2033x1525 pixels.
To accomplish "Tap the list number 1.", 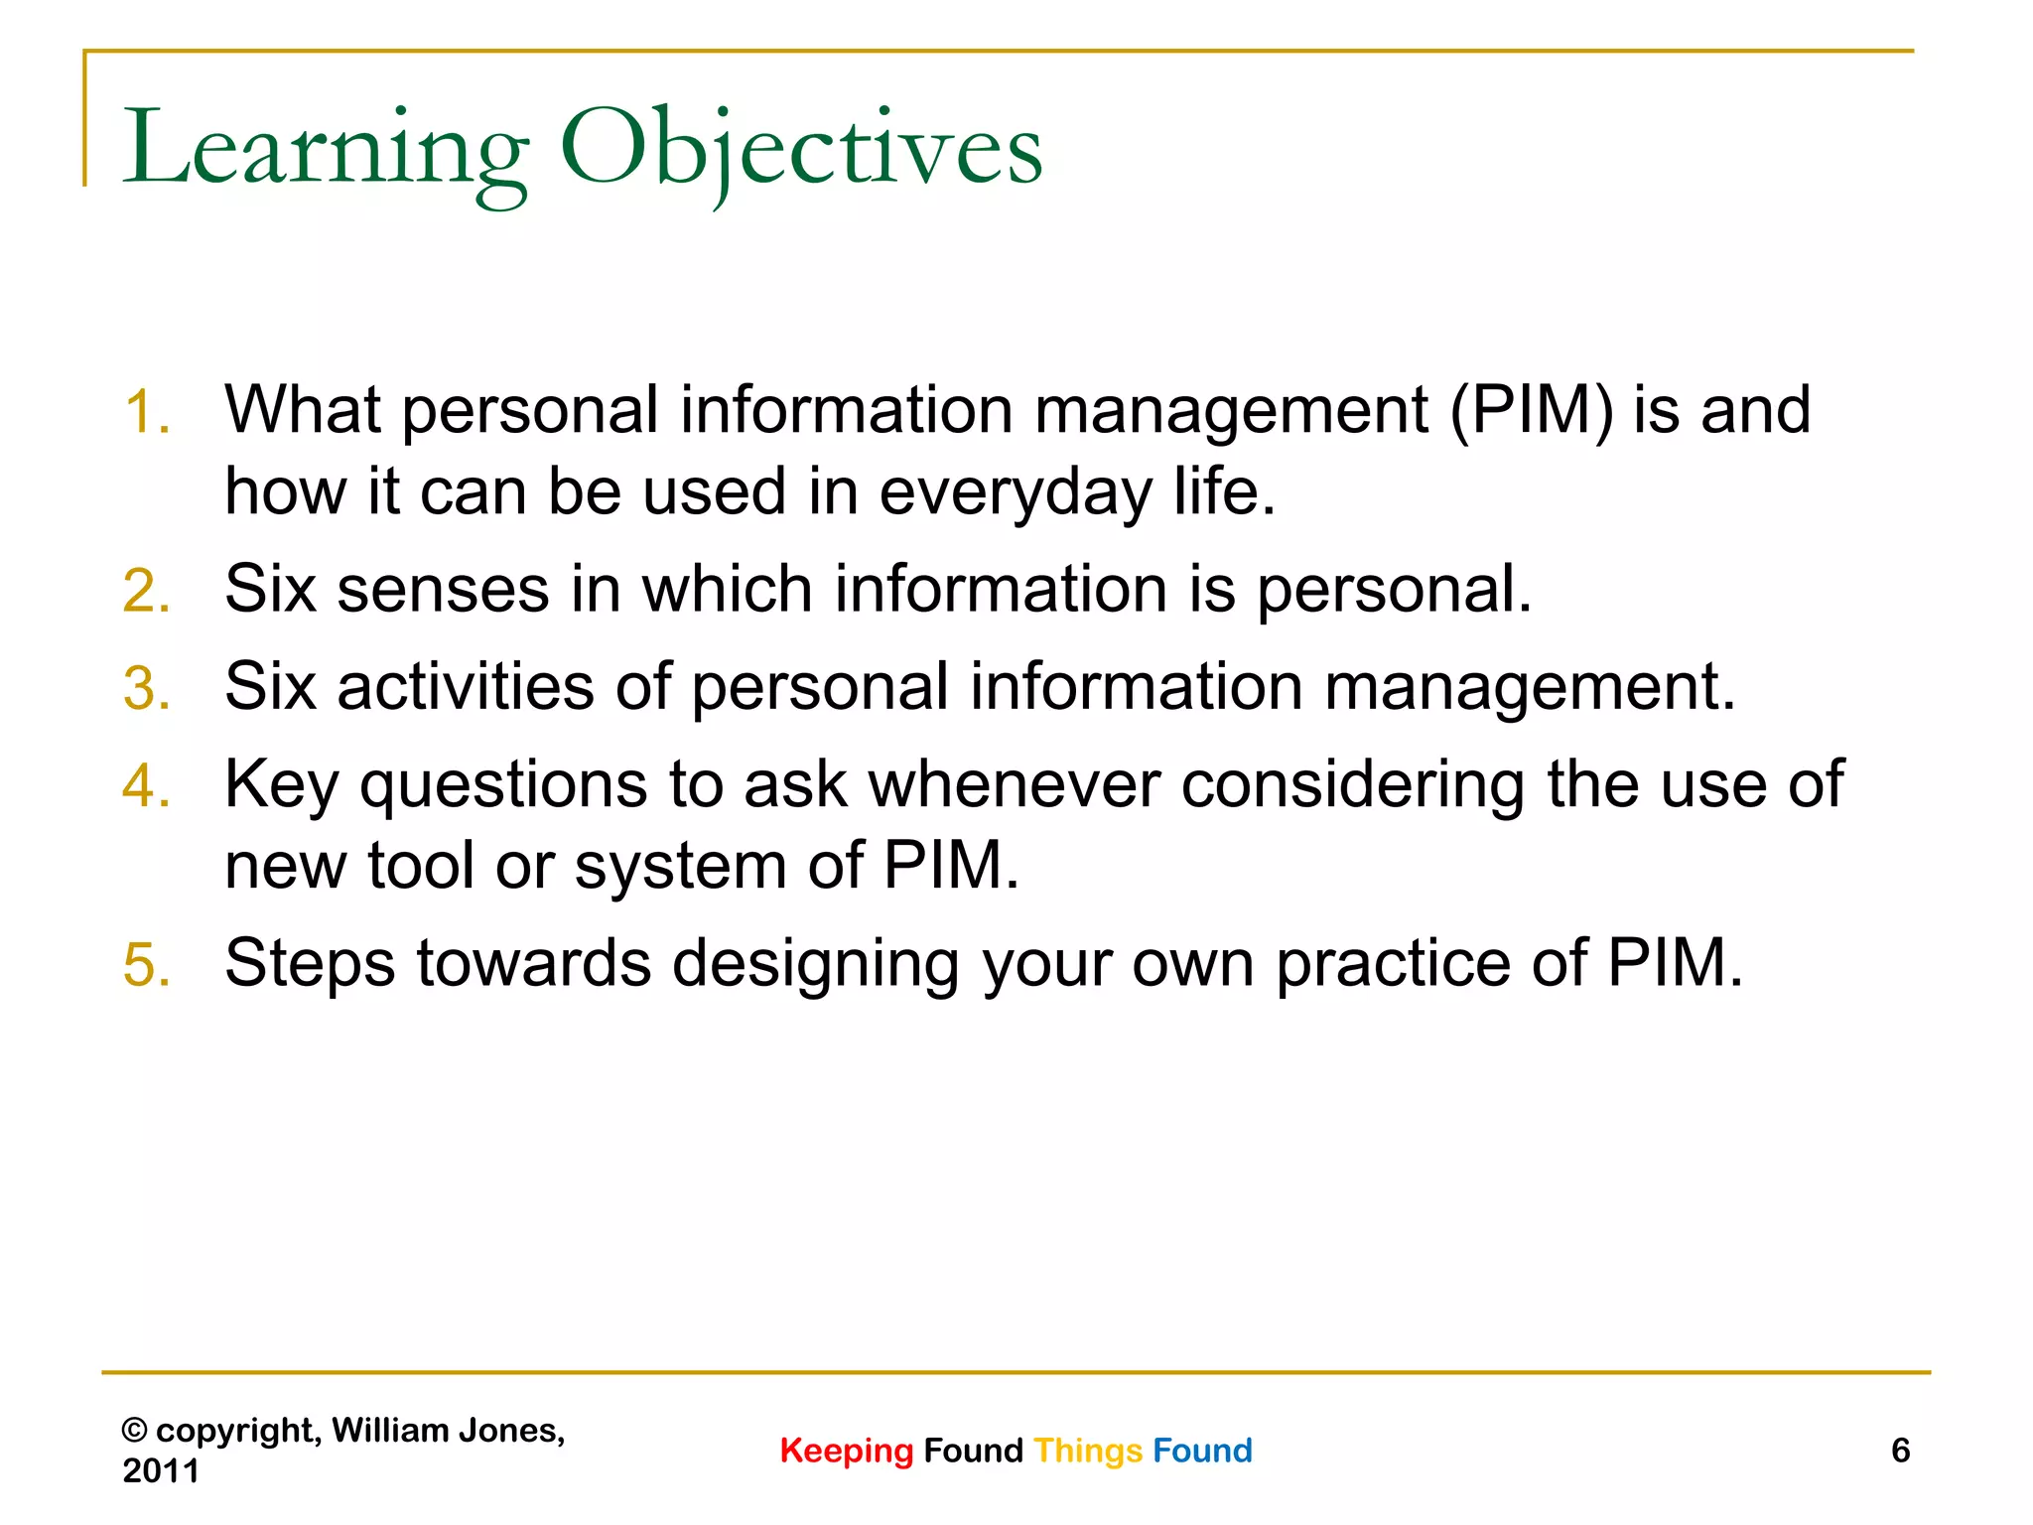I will pyautogui.click(x=146, y=412).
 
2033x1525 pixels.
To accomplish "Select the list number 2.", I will pyautogui.click(x=146, y=591).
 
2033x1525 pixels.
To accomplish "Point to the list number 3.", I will pyautogui.click(x=146, y=688).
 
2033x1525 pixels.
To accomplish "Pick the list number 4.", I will pyautogui.click(x=146, y=786).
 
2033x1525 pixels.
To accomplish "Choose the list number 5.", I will pyautogui.click(x=146, y=964).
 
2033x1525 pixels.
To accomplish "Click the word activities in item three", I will pyautogui.click(x=465, y=686).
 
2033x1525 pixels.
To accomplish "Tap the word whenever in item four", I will pyautogui.click(x=1014, y=784).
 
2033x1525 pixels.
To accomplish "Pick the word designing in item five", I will pyautogui.click(x=815, y=963).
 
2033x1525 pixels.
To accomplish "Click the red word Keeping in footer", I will pyautogui.click(x=846, y=1451).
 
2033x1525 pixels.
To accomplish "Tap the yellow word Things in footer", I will pyautogui.click(x=1088, y=1451).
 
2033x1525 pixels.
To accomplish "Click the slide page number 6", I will pyautogui.click(x=1900, y=1451).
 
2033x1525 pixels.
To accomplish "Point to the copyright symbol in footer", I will pyautogui.click(x=134, y=1431).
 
